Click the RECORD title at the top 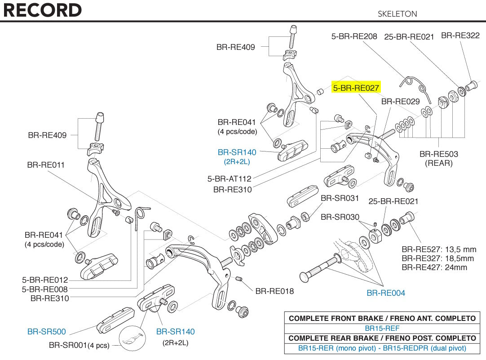coord(43,10)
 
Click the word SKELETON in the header coord(397,14)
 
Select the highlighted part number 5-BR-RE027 coord(356,88)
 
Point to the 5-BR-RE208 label coord(354,36)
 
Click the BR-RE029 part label coord(400,102)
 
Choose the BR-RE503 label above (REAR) coord(439,154)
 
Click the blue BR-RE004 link coord(386,293)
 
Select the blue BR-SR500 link coord(47,332)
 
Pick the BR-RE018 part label coord(274,291)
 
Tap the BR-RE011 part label coord(46,165)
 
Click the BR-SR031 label coord(340,198)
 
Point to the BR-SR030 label coord(340,217)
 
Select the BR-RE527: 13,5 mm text coord(439,249)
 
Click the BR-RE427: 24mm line coord(434,267)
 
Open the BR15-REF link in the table coord(382,328)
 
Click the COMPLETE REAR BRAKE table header coord(382,338)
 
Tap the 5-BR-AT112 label coord(229,179)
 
